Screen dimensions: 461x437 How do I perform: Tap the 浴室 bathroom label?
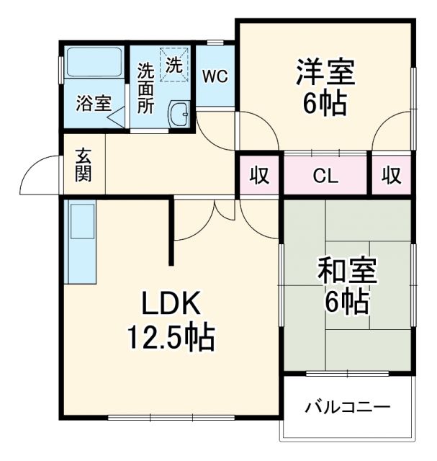(94, 102)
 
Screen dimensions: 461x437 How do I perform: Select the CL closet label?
(326, 175)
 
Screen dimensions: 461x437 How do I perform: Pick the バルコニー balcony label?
(348, 407)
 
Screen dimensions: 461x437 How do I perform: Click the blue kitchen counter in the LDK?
(81, 241)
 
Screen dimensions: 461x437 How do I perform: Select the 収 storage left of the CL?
(259, 175)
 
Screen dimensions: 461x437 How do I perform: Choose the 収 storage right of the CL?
(391, 175)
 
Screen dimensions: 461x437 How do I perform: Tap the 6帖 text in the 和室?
(346, 302)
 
